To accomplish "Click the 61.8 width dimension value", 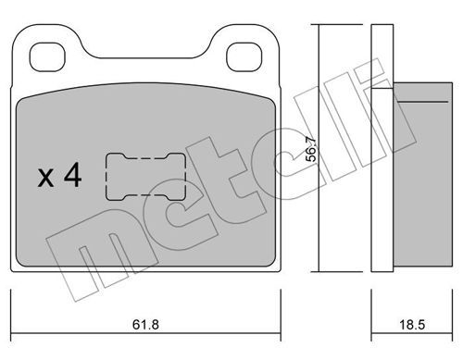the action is [x=145, y=325].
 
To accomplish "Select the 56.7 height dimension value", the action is [x=311, y=149].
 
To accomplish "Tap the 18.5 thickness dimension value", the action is [x=412, y=325].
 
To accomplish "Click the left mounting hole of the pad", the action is [x=47, y=57].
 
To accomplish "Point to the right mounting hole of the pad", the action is [x=244, y=57].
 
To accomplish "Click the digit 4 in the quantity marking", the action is [x=72, y=175].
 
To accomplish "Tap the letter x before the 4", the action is [x=45, y=178].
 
